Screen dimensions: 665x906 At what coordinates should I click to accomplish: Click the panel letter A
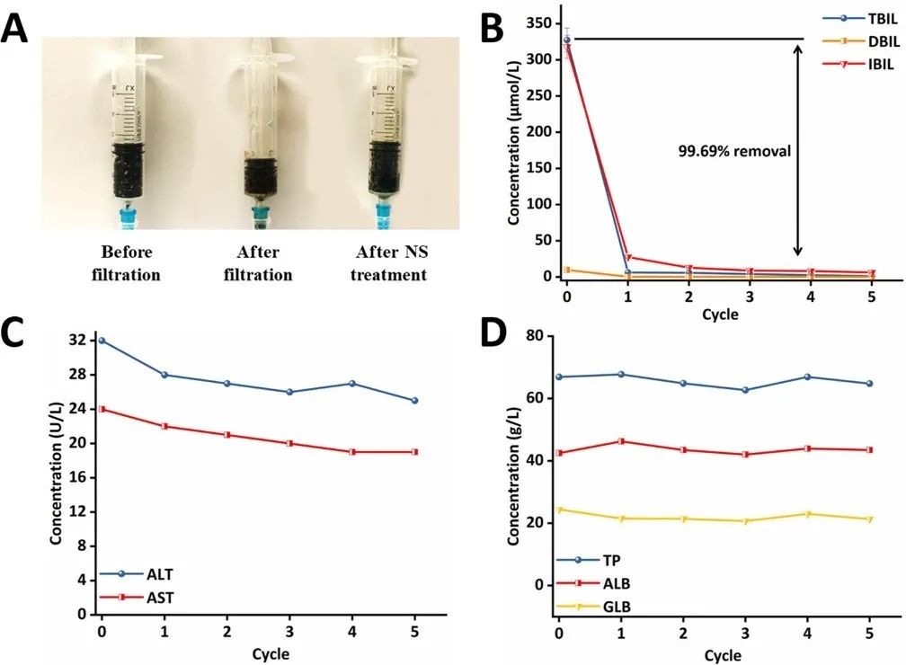click(x=20, y=29)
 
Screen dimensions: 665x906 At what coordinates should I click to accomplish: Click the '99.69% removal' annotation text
click(x=734, y=151)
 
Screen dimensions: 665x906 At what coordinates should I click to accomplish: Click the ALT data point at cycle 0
click(x=102, y=341)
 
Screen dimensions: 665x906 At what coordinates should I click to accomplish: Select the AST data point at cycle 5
click(x=415, y=452)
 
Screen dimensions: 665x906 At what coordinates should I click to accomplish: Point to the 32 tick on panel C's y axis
click(x=78, y=341)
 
